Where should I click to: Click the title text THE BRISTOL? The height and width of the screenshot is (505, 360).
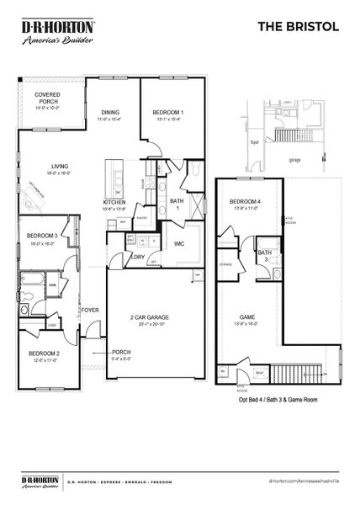(x=299, y=27)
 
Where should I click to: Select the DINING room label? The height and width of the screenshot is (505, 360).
(x=110, y=113)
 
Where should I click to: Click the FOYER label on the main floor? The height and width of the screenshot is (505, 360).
(x=91, y=310)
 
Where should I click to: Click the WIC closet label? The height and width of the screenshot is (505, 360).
(x=179, y=244)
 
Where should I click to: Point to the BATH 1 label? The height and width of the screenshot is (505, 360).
(x=177, y=205)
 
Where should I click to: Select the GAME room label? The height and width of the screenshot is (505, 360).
(x=247, y=317)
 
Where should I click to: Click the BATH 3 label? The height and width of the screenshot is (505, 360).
(x=265, y=256)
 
